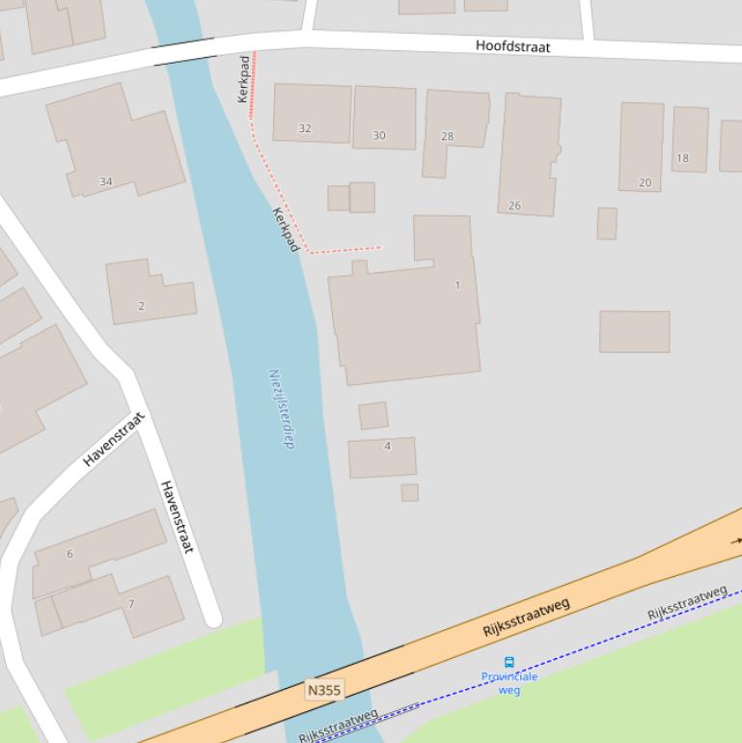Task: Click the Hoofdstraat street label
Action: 512,45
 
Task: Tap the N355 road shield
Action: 323,690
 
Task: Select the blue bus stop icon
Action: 509,662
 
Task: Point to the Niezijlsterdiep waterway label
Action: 281,408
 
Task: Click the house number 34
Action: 105,181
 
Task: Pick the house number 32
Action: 305,128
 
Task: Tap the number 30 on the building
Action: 379,136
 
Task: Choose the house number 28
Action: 447,136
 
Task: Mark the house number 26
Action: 514,206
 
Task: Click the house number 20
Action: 645,182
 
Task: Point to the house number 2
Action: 141,306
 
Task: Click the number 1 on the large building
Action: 457,286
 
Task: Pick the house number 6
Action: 69,554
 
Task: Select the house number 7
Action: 131,605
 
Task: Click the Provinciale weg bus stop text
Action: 509,683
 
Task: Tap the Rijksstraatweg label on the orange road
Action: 526,619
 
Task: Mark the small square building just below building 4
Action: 410,492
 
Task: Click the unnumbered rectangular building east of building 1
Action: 634,331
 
